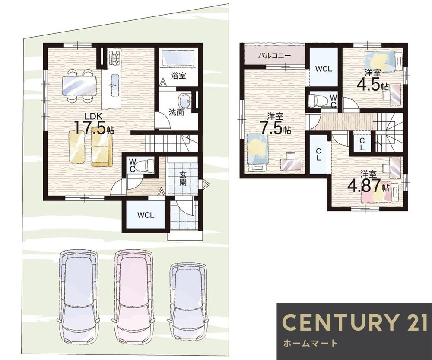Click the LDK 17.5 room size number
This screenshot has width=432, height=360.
(x=90, y=128)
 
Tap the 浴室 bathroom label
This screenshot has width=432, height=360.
(x=178, y=76)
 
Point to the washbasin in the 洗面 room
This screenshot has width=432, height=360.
(x=185, y=101)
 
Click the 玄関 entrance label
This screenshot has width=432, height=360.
(x=182, y=178)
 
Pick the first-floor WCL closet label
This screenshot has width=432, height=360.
(x=146, y=215)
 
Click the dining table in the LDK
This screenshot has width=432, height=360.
(x=79, y=86)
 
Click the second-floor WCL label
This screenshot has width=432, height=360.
(x=324, y=69)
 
